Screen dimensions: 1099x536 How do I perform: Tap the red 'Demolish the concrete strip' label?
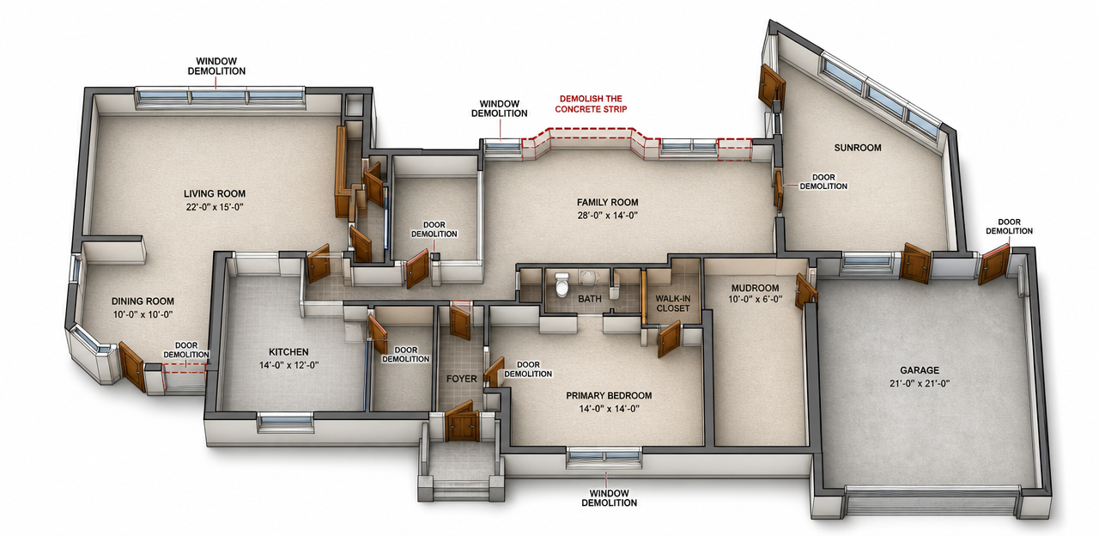tap(591, 104)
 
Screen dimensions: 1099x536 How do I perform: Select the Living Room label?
tap(215, 194)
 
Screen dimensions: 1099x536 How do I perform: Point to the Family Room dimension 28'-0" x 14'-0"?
tap(607, 215)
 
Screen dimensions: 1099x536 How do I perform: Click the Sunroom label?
tap(858, 147)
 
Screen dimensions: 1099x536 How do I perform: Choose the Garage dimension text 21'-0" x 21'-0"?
tap(920, 383)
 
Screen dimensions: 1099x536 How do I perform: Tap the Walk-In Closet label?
tap(672, 303)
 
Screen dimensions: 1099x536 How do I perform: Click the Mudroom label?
tap(755, 288)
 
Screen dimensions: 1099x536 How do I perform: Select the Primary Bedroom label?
tap(609, 395)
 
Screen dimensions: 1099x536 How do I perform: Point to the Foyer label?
tap(461, 379)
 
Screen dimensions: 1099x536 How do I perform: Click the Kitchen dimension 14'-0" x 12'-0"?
tap(289, 365)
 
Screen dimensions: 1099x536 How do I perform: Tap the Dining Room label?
tap(143, 301)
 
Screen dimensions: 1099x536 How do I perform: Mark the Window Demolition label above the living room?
tap(216, 66)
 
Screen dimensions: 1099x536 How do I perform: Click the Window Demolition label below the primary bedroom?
tap(610, 497)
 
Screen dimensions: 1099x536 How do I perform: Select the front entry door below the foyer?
tap(462, 422)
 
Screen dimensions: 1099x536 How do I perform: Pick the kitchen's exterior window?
tap(285, 423)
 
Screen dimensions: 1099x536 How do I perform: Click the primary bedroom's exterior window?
tap(604, 458)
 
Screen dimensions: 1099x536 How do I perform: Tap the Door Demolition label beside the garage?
tap(1009, 226)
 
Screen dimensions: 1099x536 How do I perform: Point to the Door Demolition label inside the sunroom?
tap(823, 181)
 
